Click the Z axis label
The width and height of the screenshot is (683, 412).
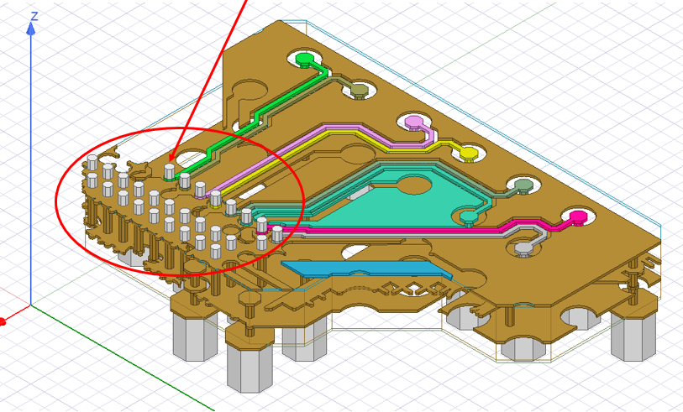(34, 15)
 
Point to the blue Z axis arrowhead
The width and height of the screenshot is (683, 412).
(31, 29)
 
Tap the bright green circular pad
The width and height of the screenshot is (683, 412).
(305, 60)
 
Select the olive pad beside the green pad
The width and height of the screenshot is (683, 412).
(360, 90)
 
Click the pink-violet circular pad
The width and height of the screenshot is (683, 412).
(413, 123)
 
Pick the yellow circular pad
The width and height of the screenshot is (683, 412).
(468, 154)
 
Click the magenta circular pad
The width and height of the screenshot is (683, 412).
(577, 218)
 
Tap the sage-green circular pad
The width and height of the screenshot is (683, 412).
(523, 185)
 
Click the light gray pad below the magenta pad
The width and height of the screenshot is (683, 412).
(522, 248)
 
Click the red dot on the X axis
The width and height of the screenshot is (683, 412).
(3, 321)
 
